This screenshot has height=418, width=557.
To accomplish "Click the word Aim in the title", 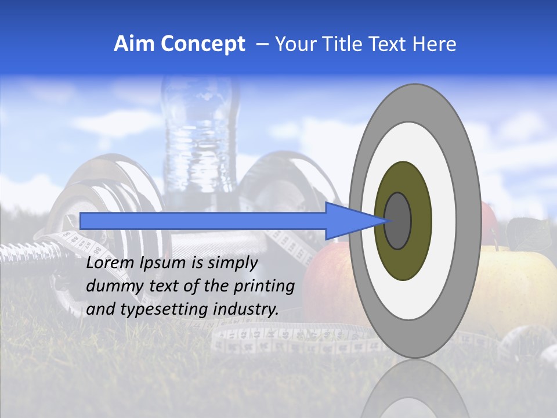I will (x=135, y=44).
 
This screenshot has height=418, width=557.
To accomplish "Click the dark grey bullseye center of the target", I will (x=398, y=221).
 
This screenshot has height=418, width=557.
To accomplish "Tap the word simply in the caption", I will (x=232, y=264).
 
